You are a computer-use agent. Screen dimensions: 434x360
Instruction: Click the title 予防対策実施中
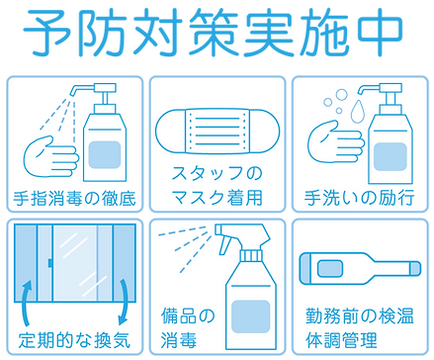pos(213,33)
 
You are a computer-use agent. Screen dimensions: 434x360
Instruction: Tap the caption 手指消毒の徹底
pos(74,199)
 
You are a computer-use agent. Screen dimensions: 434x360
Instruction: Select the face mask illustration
pos(217,131)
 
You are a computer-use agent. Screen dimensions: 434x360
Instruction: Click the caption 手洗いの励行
pos(360,198)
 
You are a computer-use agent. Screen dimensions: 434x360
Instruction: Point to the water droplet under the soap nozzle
pos(358,111)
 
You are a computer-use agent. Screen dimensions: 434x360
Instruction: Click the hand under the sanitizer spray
pos(51,157)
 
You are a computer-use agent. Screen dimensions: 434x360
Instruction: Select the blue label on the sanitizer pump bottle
pos(105,154)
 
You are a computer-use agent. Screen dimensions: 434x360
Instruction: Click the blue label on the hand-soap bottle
pos(390,156)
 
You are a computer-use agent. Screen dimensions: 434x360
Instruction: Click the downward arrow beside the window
pos(124,302)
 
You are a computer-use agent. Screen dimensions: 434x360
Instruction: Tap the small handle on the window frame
pos(50,263)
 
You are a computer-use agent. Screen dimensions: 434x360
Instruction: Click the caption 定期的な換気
pos(74,339)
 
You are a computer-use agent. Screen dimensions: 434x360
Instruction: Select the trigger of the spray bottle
pos(224,245)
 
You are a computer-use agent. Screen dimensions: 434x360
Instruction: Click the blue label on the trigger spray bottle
pos(251,316)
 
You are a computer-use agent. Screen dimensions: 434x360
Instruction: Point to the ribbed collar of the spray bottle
pos(251,255)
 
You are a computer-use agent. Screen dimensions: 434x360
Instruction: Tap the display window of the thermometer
pos(330,268)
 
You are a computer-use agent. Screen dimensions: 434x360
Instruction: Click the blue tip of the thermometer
pos(415,268)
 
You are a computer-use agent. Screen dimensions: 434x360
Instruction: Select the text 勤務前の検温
pos(359,315)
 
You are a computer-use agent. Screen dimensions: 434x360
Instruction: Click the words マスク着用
pos(217,198)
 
